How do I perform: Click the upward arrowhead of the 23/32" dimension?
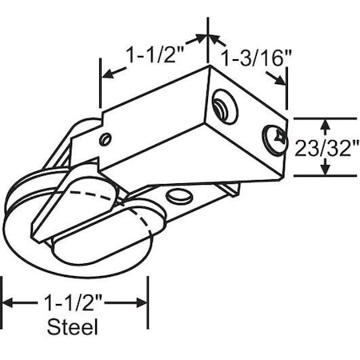coord(324,122)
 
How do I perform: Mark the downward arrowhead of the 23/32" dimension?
coord(324,171)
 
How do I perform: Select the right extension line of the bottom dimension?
coord(149,304)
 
